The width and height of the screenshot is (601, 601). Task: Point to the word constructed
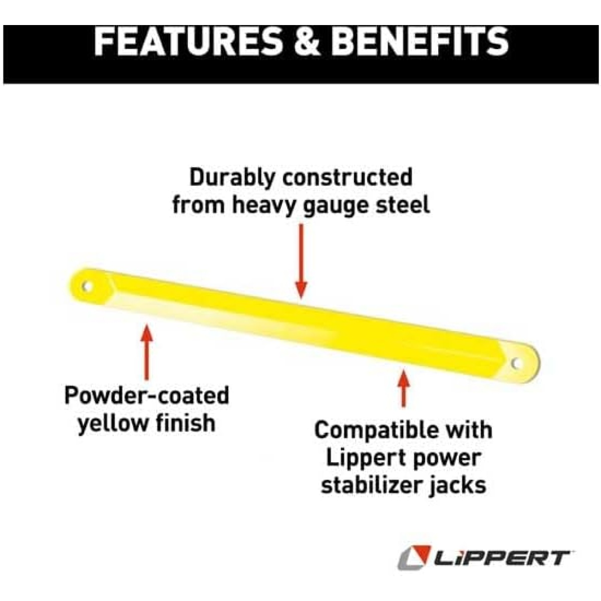tap(348, 178)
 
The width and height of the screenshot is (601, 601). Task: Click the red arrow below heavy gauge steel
tap(301, 261)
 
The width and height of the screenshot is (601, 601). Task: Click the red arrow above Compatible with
tap(404, 388)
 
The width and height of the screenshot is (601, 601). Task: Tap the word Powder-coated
tap(147, 396)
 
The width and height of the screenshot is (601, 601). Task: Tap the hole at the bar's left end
tap(87, 286)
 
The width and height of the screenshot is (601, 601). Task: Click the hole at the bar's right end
tap(517, 363)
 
